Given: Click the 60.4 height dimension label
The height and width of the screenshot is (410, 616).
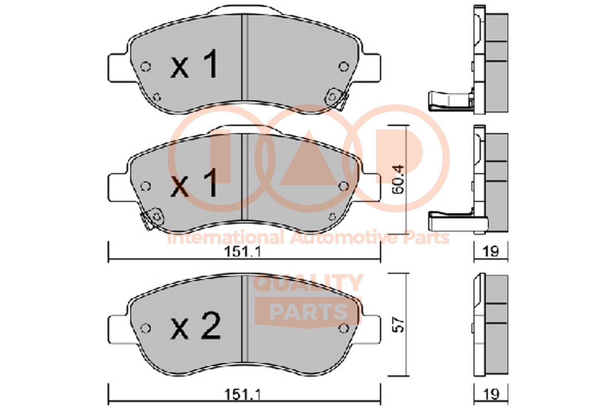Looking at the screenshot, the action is tap(398, 180).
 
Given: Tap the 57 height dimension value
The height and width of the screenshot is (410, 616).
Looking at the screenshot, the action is tap(399, 325).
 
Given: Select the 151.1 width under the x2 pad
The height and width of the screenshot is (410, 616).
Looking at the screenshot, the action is tap(243, 395).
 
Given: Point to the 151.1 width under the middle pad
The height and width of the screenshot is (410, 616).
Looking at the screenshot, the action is tap(243, 252).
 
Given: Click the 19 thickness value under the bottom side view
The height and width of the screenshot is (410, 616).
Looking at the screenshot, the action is tap(491, 394).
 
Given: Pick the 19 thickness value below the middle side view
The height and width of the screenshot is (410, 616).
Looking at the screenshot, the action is tap(491, 251).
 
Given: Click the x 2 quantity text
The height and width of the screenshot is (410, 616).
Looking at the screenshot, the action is tap(195, 326).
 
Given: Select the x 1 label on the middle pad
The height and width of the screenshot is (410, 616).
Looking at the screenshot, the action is tap(194, 183).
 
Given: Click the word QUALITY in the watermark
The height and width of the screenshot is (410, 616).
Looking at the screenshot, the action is tap(308, 283).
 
